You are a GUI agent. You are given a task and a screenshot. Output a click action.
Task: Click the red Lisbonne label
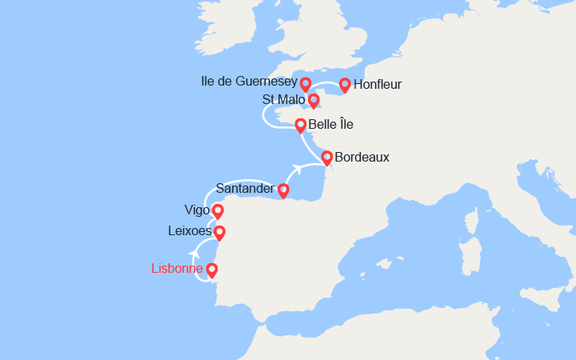click(x=177, y=269)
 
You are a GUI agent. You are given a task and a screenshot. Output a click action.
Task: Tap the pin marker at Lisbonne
click(x=212, y=270)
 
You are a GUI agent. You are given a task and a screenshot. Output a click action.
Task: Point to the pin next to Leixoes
click(x=219, y=232)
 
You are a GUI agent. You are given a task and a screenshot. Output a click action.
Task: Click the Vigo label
click(x=197, y=210)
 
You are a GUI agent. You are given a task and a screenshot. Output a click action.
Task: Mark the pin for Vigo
click(x=218, y=211)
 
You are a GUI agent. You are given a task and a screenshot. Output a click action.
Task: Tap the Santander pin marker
click(x=283, y=190)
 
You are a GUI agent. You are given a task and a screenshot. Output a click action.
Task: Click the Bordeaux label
click(x=362, y=157)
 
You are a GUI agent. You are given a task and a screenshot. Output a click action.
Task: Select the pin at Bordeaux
click(x=327, y=156)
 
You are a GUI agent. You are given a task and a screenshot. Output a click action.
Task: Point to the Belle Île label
click(x=330, y=124)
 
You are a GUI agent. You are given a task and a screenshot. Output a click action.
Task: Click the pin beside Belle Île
click(x=301, y=124)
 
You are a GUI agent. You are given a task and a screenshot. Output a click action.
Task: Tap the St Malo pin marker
click(x=314, y=100)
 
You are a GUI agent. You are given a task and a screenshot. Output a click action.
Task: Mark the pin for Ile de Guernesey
click(x=306, y=82)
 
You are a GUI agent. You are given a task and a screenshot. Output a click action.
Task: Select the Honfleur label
click(x=378, y=84)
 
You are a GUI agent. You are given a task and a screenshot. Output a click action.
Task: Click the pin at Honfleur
click(x=345, y=84)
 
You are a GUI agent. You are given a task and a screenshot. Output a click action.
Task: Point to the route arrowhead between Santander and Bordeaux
click(x=296, y=168)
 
